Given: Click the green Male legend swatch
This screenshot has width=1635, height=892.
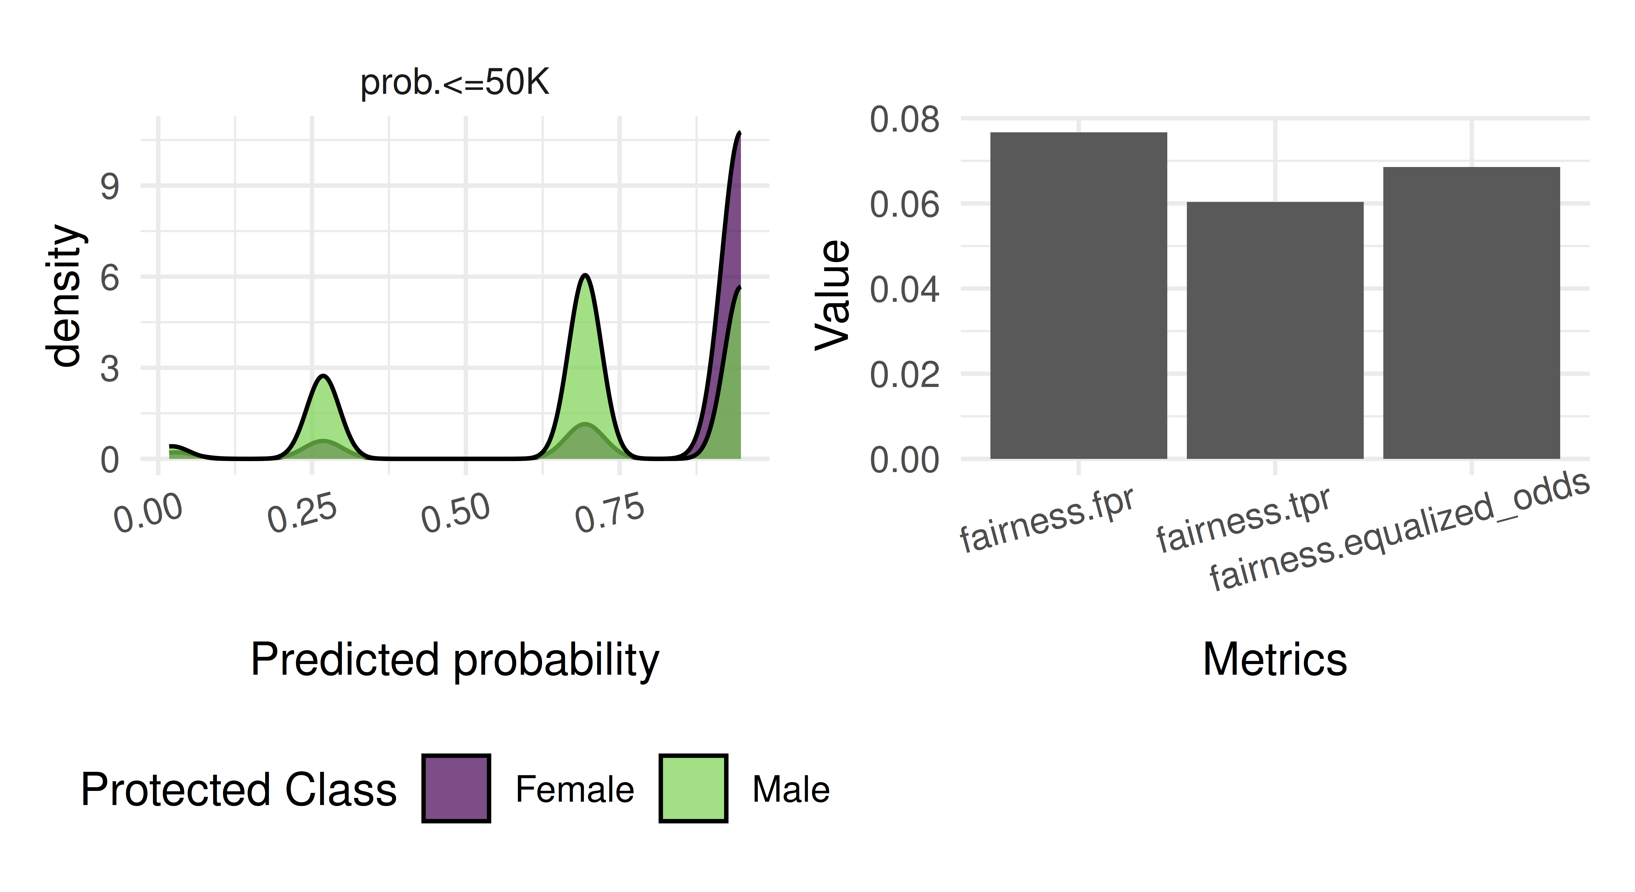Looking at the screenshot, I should pyautogui.click(x=693, y=788).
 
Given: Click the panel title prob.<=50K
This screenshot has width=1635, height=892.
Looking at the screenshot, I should pyautogui.click(x=454, y=83).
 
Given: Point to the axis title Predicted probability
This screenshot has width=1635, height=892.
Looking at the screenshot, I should pyautogui.click(x=454, y=659).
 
